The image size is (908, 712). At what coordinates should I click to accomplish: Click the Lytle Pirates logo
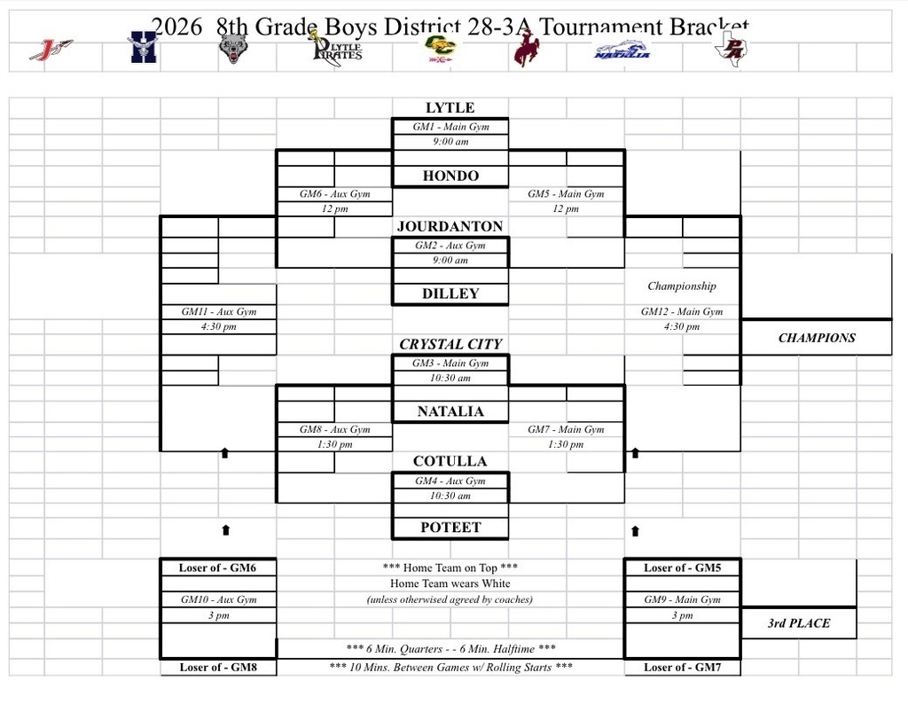click(337, 46)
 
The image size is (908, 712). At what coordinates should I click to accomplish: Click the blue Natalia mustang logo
click(622, 50)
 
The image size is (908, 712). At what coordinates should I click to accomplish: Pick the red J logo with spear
click(51, 49)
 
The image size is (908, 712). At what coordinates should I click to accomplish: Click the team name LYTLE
click(450, 108)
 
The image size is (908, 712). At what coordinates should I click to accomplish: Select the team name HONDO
click(450, 176)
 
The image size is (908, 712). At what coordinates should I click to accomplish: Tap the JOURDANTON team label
click(450, 226)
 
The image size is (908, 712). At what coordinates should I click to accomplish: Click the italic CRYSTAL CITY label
click(450, 344)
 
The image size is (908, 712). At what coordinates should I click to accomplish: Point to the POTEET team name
click(450, 528)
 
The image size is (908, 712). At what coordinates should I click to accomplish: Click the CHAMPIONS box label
click(816, 338)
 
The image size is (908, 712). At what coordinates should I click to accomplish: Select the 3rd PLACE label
click(798, 623)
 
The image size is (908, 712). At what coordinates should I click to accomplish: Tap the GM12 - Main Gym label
click(682, 311)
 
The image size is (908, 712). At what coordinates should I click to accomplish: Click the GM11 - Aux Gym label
click(219, 311)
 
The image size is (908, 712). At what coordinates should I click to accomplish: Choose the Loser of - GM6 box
click(218, 567)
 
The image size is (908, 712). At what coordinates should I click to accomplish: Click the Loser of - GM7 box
click(682, 668)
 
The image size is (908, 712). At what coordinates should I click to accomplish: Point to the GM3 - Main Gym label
click(450, 363)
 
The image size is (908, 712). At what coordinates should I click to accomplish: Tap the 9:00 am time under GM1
click(450, 142)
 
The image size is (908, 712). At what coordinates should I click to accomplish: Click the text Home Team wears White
click(450, 583)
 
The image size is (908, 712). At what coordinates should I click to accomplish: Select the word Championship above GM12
click(681, 286)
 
